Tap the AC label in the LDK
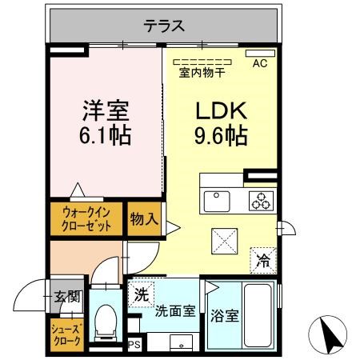(260, 62)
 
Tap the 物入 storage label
(144, 218)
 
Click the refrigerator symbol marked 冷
(262, 258)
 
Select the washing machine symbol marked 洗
(141, 294)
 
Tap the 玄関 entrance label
(66, 297)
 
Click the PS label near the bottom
(134, 346)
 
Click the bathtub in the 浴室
(257, 314)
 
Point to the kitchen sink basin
(216, 198)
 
